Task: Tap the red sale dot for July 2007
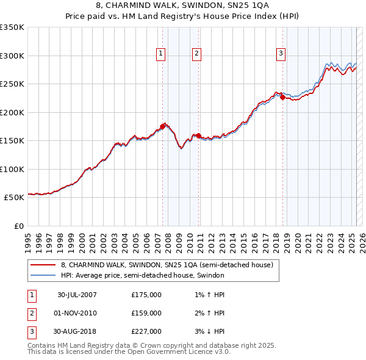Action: [x=163, y=126]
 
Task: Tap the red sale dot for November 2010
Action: [x=199, y=135]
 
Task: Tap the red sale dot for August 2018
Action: [x=283, y=97]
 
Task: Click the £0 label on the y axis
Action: [x=20, y=226]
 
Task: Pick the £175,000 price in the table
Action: [x=146, y=295]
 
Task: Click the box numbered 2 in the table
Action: [x=30, y=313]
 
